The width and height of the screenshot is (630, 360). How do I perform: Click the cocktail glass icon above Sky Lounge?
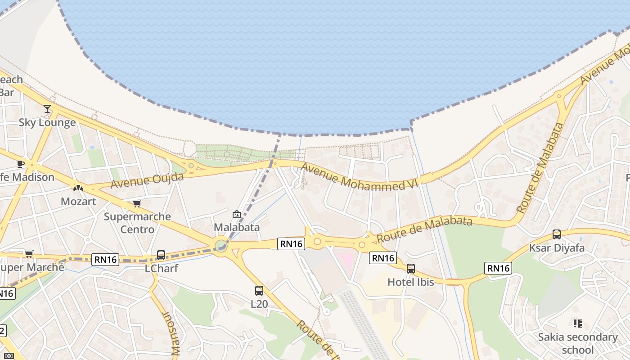(47, 109)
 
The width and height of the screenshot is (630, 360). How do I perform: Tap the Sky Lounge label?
(47, 122)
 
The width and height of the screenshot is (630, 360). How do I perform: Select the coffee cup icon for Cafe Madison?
(20, 164)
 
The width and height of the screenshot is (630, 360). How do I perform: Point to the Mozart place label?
(78, 201)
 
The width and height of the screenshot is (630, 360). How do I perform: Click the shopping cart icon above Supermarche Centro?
(137, 203)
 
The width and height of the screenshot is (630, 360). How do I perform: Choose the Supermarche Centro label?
(137, 223)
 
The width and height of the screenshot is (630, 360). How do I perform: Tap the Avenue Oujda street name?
(147, 181)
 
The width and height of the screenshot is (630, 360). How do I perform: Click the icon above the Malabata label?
(237, 214)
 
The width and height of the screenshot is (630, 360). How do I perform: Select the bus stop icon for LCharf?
(161, 255)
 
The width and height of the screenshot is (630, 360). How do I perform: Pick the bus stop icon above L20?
(259, 290)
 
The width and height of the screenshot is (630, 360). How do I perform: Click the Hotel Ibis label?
(411, 282)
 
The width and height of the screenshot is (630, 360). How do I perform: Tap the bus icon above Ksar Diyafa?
(557, 234)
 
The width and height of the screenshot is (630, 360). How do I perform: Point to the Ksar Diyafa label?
(557, 247)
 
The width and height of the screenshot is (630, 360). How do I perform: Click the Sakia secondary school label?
(578, 343)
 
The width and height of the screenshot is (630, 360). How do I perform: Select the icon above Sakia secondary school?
(578, 323)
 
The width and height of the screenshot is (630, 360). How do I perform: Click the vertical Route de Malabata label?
(540, 167)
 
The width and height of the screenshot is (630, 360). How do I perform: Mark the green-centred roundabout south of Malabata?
(220, 246)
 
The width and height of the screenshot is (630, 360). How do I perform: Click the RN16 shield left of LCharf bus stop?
(105, 259)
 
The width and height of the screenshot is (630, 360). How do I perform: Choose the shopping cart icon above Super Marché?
(29, 254)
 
